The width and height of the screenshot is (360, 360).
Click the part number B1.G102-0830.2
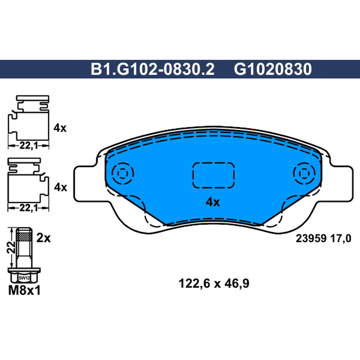click(153, 69)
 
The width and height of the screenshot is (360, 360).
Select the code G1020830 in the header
click(273, 69)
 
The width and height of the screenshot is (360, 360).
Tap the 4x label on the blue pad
click(212, 202)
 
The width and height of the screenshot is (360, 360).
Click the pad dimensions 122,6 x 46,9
click(214, 283)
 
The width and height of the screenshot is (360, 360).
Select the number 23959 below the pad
click(311, 238)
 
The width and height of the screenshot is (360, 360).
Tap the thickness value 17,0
click(341, 238)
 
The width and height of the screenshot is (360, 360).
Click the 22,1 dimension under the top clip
click(28, 145)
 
